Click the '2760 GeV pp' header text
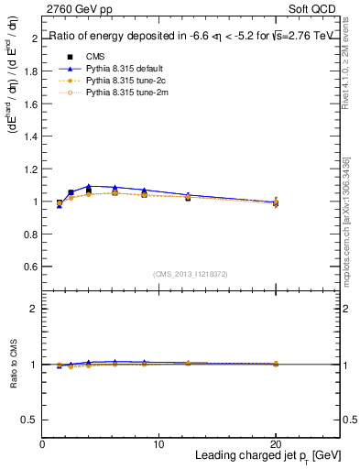[74, 9]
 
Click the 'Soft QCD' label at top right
[317, 9]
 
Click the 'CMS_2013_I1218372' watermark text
[191, 274]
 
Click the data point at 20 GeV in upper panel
[276, 202]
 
